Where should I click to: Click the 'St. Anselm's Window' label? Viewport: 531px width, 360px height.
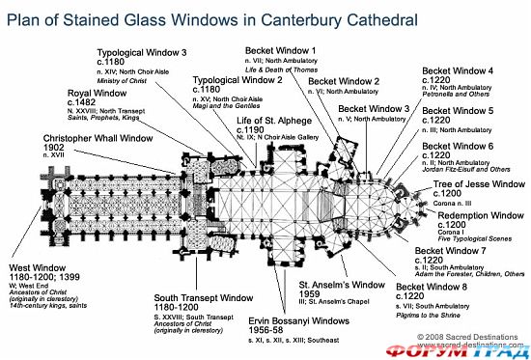click(x=337, y=285)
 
